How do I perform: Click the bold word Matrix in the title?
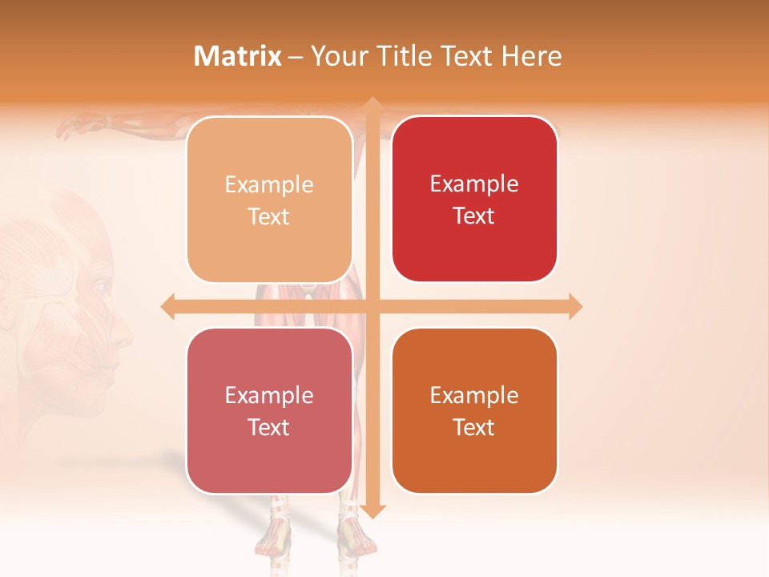[238, 56]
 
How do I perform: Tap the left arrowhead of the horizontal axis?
[167, 306]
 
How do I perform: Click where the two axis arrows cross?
[372, 306]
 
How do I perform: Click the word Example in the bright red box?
[474, 184]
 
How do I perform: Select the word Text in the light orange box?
[269, 216]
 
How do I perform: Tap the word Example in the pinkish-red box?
[269, 395]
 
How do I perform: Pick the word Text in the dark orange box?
[474, 427]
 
